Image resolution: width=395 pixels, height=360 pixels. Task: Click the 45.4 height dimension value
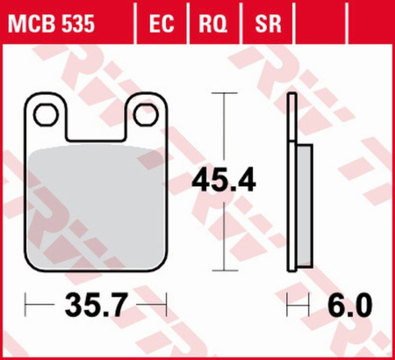(224, 182)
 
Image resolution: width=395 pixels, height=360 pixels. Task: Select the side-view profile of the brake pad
(296, 184)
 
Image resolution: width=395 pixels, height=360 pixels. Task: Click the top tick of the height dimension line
(225, 92)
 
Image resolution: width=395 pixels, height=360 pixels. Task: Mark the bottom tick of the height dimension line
(225, 270)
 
